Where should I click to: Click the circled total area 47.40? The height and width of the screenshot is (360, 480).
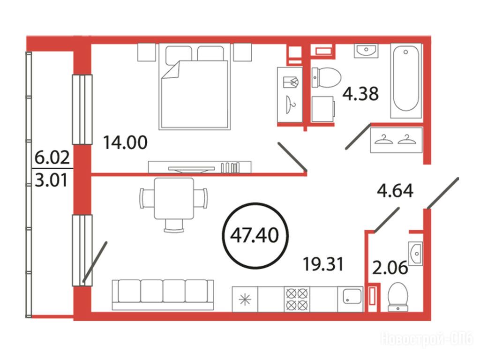tap(255, 236)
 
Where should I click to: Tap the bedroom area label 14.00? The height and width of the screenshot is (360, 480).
tap(125, 142)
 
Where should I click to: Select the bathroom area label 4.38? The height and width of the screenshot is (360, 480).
tap(360, 93)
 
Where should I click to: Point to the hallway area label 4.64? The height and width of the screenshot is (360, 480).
tap(395, 190)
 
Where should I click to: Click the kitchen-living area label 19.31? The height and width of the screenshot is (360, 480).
tap(323, 264)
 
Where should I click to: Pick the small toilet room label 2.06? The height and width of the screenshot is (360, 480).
tap(390, 268)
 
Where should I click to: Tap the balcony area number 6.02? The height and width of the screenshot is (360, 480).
tap(52, 157)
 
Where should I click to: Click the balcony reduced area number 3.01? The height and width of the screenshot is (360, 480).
tap(52, 180)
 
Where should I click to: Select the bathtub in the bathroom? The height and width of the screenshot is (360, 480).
tap(406, 81)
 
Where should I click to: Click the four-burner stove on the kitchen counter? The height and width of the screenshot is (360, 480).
tap(297, 299)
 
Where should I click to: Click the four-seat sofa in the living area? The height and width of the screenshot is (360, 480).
tap(163, 294)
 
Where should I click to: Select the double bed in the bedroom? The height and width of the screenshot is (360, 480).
tap(195, 87)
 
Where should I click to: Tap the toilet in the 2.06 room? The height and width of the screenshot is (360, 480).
tap(397, 297)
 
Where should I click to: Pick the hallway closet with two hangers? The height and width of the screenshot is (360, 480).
tap(396, 140)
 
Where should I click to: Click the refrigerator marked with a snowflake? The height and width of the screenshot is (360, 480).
tap(245, 299)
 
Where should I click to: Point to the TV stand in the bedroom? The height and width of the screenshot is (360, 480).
tap(200, 167)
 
